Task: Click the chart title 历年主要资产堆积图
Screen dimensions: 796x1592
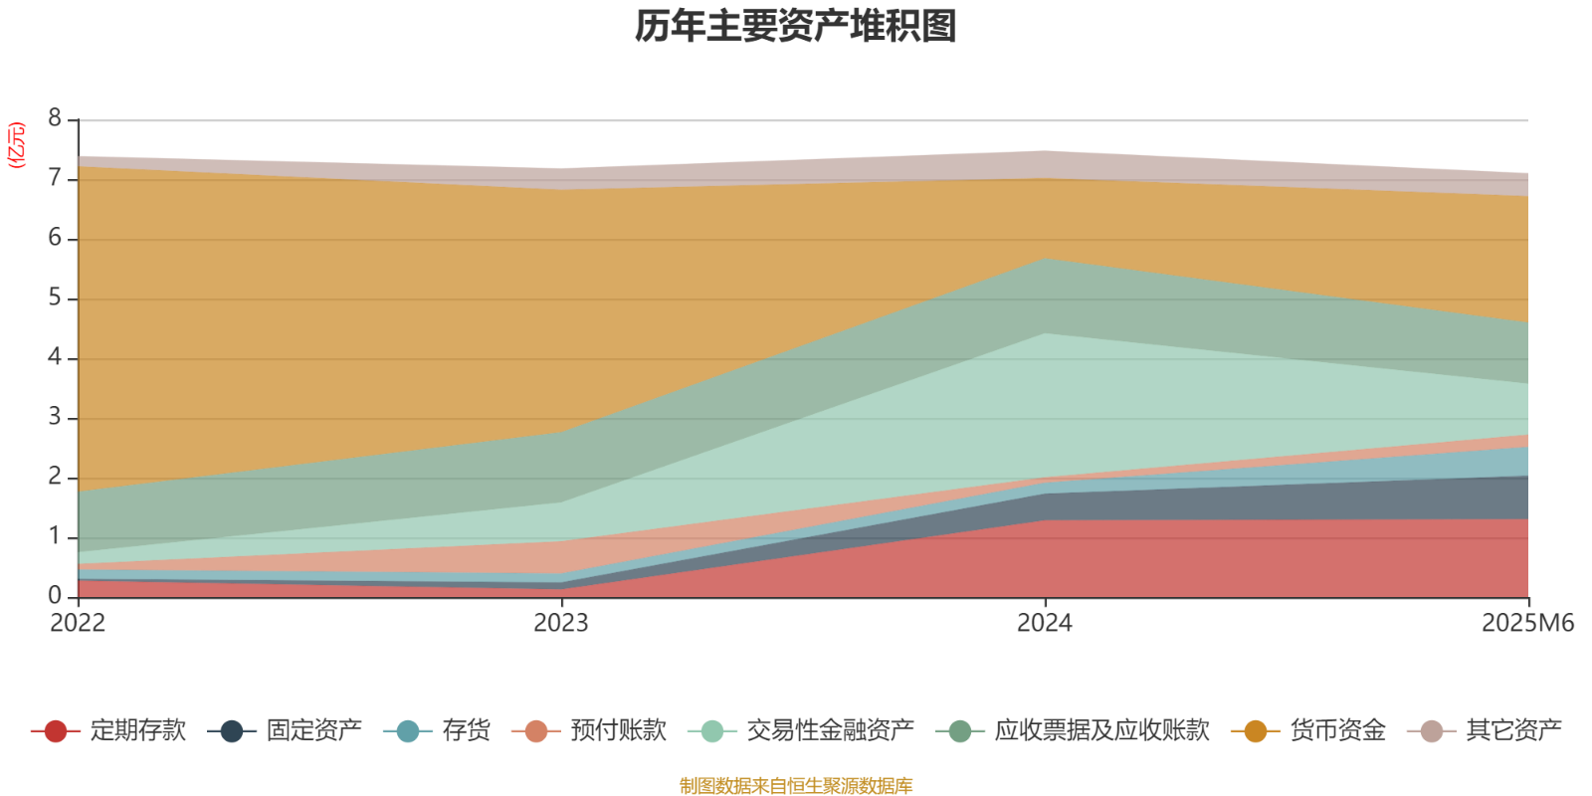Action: pos(796,27)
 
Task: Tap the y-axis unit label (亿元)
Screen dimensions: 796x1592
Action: pos(16,145)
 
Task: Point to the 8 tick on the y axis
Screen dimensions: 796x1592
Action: pos(55,119)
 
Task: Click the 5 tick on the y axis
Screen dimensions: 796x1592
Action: pos(55,298)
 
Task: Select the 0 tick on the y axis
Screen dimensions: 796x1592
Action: pos(55,596)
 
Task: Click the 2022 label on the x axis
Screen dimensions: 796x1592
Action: pos(78,624)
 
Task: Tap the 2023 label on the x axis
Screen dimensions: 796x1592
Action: pos(561,624)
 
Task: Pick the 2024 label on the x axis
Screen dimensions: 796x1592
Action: pos(1044,624)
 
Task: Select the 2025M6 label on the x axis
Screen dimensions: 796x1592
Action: pos(1527,624)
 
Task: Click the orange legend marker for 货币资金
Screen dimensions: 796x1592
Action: pos(1256,731)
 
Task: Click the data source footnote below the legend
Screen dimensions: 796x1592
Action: pos(796,786)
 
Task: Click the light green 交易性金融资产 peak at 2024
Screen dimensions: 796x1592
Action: pos(1044,398)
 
